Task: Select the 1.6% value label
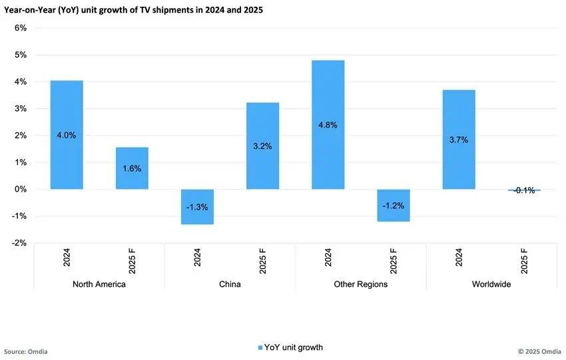[x=132, y=169]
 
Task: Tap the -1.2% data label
[x=393, y=206]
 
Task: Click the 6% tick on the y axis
[x=20, y=28]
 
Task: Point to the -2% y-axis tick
[x=19, y=243]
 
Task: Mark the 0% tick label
[x=20, y=189]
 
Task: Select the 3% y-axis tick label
[x=20, y=108]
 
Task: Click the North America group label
[x=99, y=284]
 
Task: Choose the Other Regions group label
[x=360, y=284]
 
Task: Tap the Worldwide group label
[x=491, y=284]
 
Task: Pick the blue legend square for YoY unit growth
[x=260, y=348]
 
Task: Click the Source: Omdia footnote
[x=26, y=351]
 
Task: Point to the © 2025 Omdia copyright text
[x=539, y=351]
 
